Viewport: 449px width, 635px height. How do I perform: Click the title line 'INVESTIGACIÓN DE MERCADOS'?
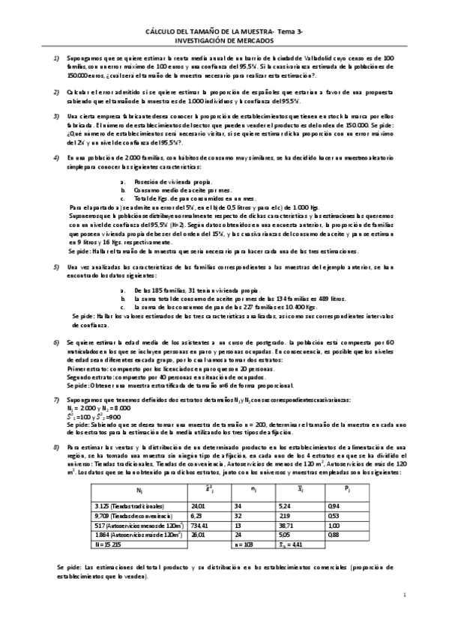pos(225,42)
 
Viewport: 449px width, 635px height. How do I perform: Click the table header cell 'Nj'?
pos(139,469)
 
